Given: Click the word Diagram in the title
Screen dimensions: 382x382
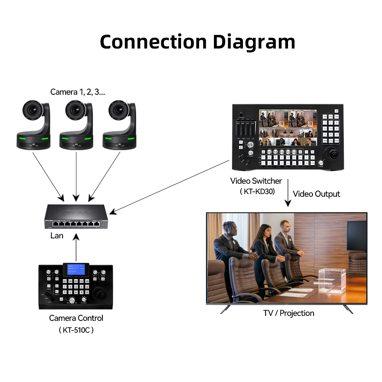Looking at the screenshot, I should point(254,42).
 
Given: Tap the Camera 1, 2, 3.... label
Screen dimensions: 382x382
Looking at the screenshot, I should point(78,92).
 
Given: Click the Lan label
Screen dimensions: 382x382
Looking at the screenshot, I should point(57,236).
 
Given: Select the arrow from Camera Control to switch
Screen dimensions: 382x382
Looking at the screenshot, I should point(76,248).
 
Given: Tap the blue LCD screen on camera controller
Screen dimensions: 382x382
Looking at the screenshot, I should point(76,270).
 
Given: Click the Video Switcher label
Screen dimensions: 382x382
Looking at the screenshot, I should point(256,181).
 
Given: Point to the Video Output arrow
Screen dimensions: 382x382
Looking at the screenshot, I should point(287,193).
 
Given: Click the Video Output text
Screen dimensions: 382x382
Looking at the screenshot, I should point(316,194).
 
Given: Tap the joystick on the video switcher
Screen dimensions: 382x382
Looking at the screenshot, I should point(332,155).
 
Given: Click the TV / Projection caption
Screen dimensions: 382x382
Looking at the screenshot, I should point(289,313).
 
